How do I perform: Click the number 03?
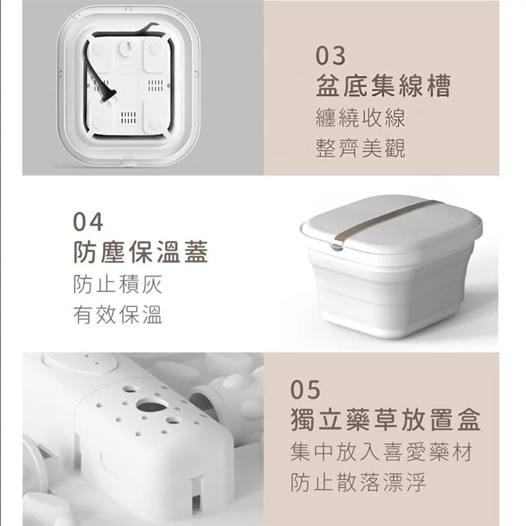tap(330, 56)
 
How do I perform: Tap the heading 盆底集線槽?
tap(383, 86)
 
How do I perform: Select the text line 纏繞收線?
tap(361, 118)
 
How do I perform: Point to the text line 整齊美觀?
tap(361, 148)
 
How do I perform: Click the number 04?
tap(88, 222)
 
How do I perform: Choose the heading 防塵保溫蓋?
tap(140, 252)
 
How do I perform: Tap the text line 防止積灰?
tap(118, 285)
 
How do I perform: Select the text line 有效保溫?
tap(118, 315)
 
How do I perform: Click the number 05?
tap(305, 390)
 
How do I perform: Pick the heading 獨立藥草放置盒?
tap(386, 419)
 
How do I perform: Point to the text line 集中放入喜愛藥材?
tap(382, 452)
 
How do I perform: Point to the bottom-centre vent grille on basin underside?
tap(128, 118)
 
